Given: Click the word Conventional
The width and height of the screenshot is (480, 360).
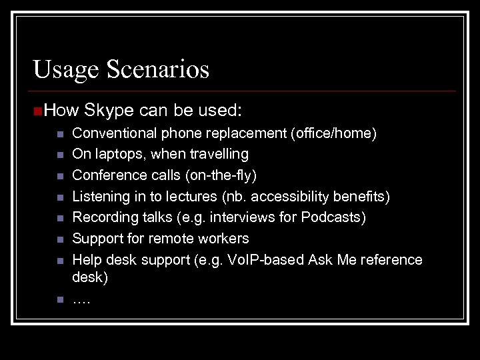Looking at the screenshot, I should pos(113,133).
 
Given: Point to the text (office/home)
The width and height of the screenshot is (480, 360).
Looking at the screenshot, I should pos(333,133).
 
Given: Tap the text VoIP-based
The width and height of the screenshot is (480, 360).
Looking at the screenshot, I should pos(271,259).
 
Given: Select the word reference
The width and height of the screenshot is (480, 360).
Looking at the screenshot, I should pos(391,259).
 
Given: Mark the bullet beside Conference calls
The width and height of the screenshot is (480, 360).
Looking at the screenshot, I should pos(59,176).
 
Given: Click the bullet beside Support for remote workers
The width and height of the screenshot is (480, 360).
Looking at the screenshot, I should pos(59,239).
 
